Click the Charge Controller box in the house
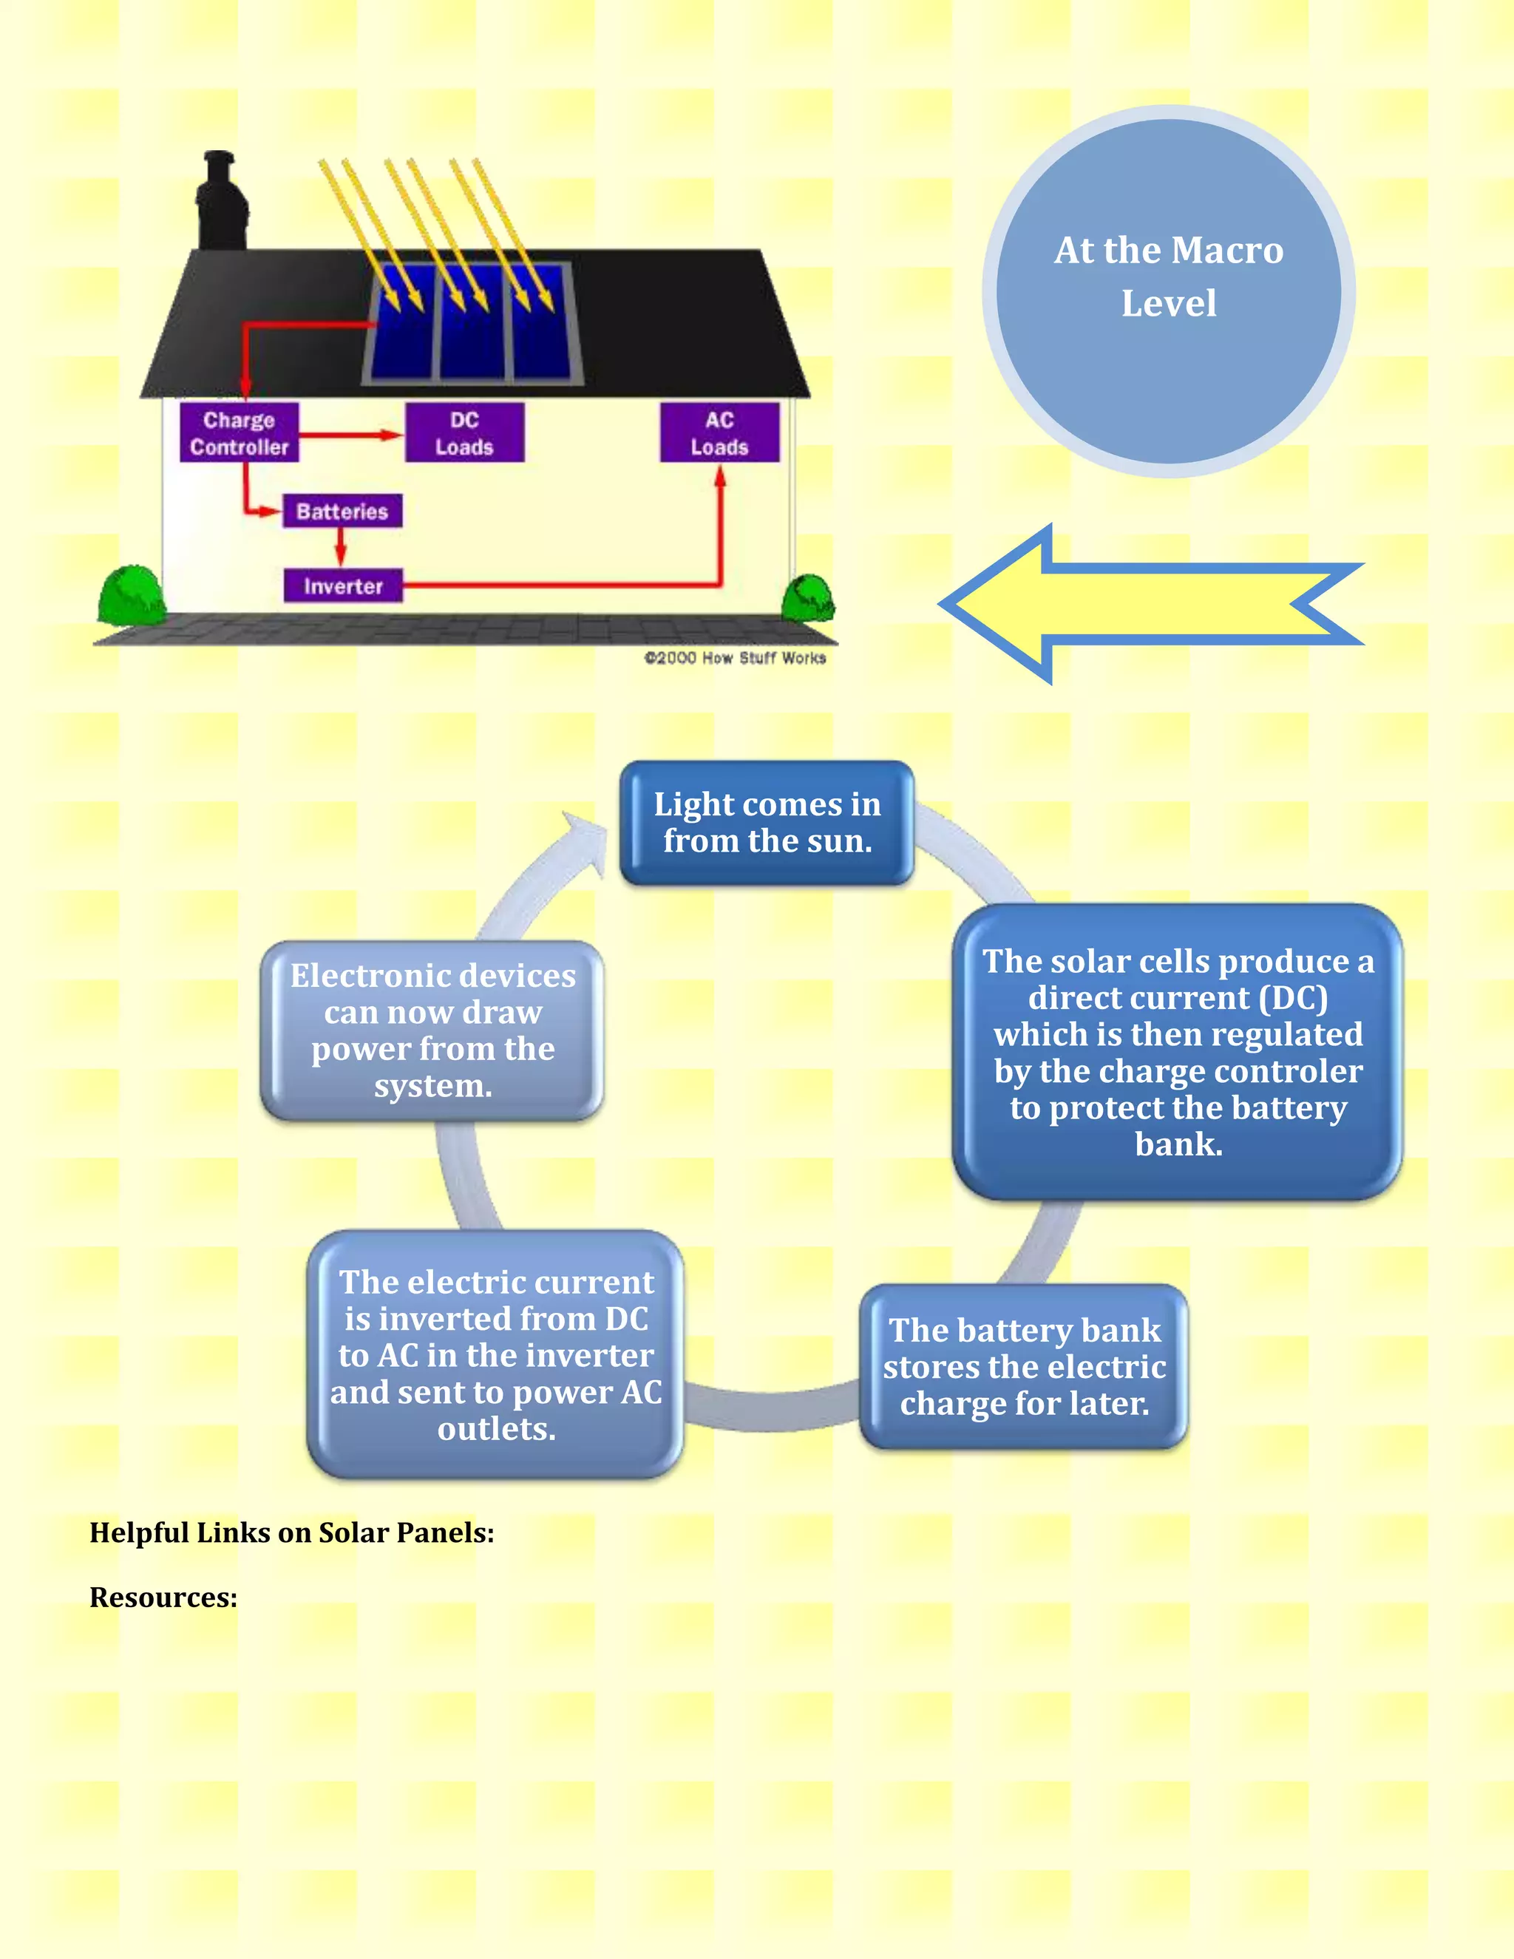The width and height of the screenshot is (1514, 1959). click(239, 432)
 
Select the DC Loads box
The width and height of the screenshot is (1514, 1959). click(464, 432)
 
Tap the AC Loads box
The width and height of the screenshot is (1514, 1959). click(719, 432)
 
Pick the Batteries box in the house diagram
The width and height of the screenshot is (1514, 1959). click(342, 512)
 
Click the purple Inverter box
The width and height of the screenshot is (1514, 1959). click(342, 585)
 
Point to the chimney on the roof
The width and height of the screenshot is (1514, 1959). click(220, 202)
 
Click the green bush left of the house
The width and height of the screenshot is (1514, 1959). click(131, 594)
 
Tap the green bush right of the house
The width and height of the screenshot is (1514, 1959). click(808, 598)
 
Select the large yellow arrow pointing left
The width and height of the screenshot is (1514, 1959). click(1148, 604)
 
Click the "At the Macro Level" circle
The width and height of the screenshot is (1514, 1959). click(1168, 291)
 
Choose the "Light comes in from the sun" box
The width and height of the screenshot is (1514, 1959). click(767, 823)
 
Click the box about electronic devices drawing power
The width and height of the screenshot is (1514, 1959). click(432, 1030)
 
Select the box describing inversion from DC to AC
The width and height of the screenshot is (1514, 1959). click(496, 1354)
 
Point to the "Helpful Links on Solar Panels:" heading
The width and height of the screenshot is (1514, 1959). click(291, 1532)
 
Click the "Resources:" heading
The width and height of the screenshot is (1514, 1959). click(163, 1598)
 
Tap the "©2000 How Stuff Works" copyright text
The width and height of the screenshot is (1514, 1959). click(735, 657)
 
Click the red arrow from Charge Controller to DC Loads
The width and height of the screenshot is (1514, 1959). click(350, 435)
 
